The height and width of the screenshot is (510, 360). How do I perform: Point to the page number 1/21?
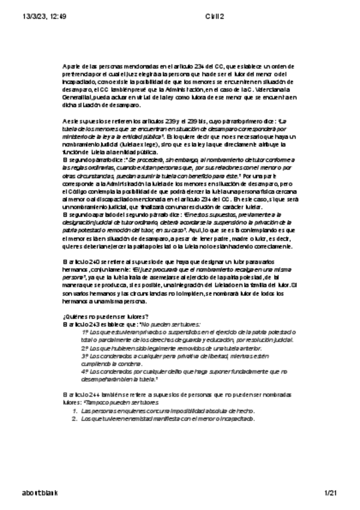click(332, 493)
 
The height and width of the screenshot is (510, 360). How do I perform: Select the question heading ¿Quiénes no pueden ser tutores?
click(106, 317)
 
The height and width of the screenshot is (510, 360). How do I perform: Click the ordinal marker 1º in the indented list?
click(85, 332)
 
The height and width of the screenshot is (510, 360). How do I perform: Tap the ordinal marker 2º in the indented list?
click(85, 348)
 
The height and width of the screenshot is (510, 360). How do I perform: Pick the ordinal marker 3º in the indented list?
click(85, 355)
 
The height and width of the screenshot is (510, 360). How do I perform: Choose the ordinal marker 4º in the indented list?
click(85, 371)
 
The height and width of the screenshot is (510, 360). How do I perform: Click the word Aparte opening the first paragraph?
click(70, 66)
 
